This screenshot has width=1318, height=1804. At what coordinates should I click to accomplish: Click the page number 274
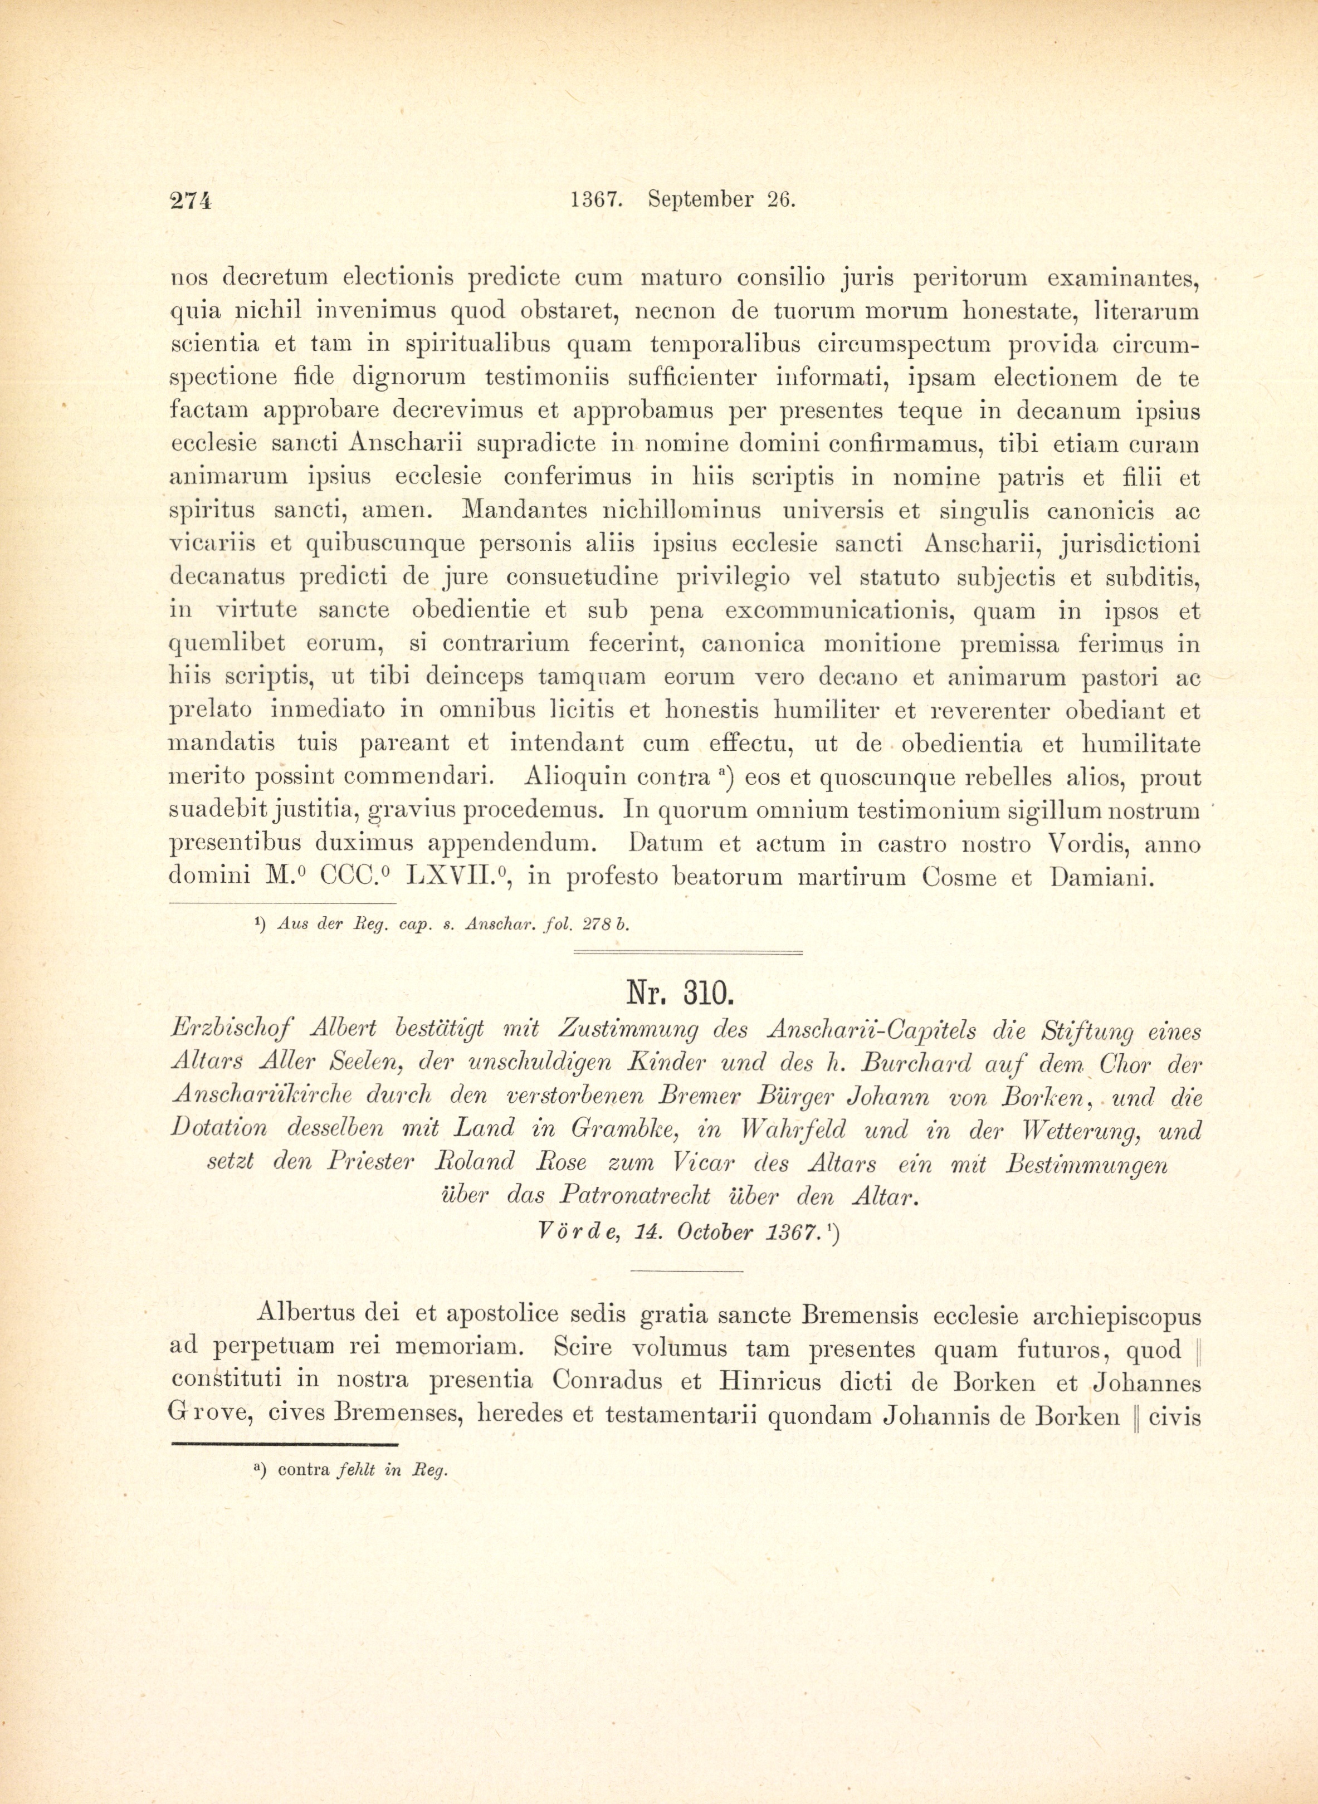[191, 200]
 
